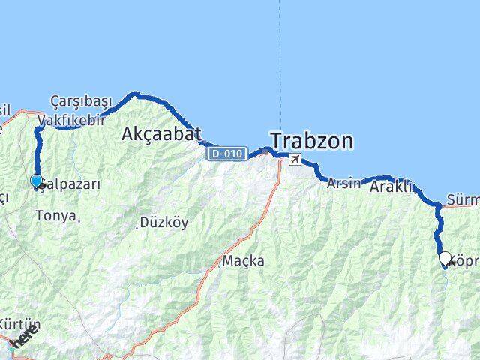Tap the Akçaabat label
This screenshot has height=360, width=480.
(161, 134)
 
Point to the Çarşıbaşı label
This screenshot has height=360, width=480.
(81, 101)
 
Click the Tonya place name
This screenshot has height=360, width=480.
(55, 216)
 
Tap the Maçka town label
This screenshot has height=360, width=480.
(244, 261)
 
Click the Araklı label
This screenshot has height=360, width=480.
(392, 188)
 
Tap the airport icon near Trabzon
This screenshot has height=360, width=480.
(295, 159)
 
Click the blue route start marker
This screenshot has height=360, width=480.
(36, 181)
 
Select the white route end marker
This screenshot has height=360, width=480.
(445, 258)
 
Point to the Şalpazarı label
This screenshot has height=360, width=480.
(69, 182)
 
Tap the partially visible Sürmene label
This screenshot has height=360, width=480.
(462, 200)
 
